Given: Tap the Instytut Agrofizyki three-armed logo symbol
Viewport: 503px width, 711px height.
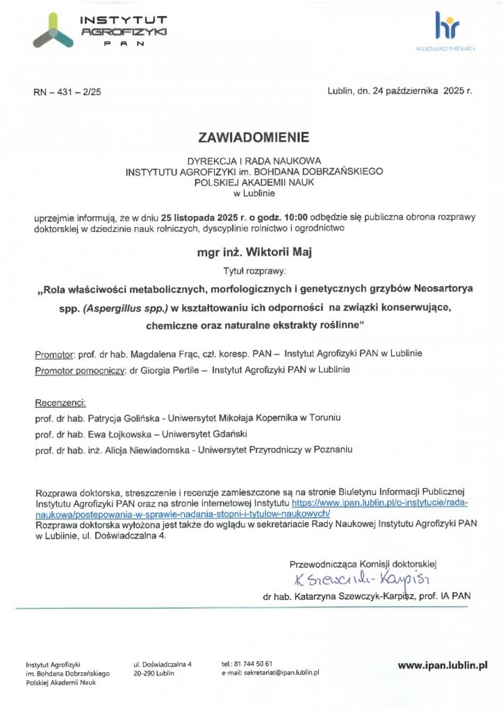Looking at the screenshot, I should [53, 33].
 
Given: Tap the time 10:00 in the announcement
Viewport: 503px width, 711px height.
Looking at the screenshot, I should [295, 217].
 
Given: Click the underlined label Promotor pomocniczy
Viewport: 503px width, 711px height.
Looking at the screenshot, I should [79, 370].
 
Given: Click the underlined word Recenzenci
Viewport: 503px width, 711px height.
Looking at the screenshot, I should [60, 402].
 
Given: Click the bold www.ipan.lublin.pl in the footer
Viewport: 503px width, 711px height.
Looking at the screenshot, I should [442, 664].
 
